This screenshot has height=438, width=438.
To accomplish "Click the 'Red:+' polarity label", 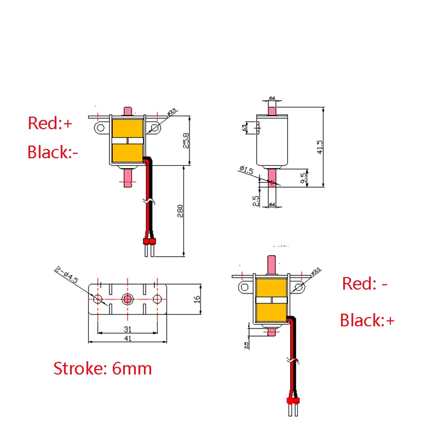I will tap(50, 124).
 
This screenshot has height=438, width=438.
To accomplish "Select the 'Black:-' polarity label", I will tap(53, 152).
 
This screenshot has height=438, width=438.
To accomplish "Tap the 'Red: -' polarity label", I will tap(365, 284).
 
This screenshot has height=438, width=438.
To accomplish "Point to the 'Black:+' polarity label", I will tap(367, 320).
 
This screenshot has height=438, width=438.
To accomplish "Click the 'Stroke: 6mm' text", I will tap(102, 368).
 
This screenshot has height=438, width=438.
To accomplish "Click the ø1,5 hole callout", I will tap(246, 170).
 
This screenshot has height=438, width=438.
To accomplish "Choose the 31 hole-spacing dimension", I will tap(128, 330).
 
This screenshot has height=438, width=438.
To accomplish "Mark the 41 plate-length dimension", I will tap(128, 339).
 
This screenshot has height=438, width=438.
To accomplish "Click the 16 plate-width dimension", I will tap(197, 300).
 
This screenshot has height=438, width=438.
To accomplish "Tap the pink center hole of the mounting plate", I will tap(128, 299).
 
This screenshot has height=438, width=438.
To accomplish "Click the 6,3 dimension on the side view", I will tap(244, 128).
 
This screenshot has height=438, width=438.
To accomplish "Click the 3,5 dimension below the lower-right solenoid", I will tap(247, 344).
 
